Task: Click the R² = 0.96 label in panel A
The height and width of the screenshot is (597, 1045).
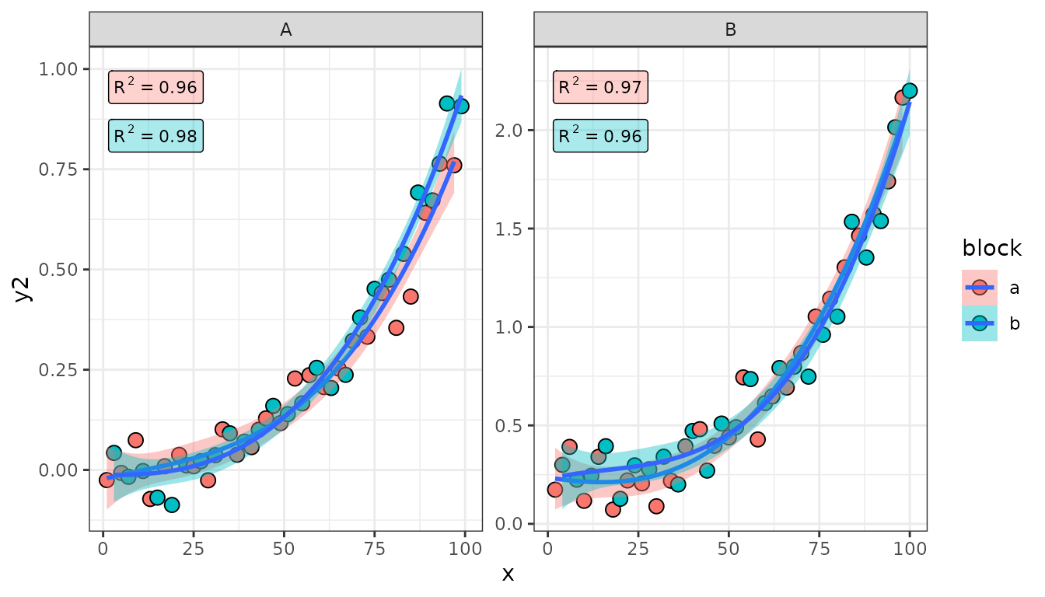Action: coord(156,87)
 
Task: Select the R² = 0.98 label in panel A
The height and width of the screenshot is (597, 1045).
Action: coord(156,137)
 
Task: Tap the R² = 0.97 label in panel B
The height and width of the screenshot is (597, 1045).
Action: coord(599,87)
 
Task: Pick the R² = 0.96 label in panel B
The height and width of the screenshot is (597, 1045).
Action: coord(599,137)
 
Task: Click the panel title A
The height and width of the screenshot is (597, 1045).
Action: coord(286,30)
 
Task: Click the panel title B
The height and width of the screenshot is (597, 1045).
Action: coord(730,30)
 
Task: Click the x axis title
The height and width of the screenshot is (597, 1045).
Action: coord(508,574)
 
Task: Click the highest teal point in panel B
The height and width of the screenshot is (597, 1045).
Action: coord(909,91)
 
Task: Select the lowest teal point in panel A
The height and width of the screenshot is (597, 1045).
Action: coord(172,505)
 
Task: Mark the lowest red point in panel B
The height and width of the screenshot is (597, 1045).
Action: coord(613,510)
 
